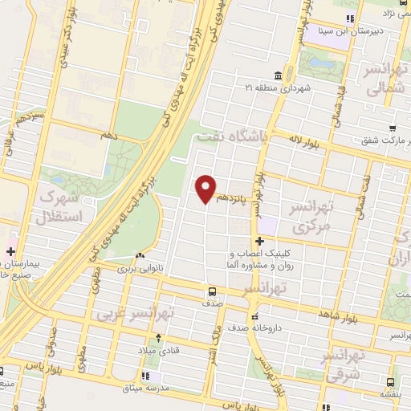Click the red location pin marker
(x=206, y=189)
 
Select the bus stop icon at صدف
(x=212, y=291)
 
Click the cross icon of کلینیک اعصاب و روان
(x=258, y=242)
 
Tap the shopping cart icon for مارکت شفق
(x=392, y=128)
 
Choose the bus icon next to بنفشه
(x=390, y=382)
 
